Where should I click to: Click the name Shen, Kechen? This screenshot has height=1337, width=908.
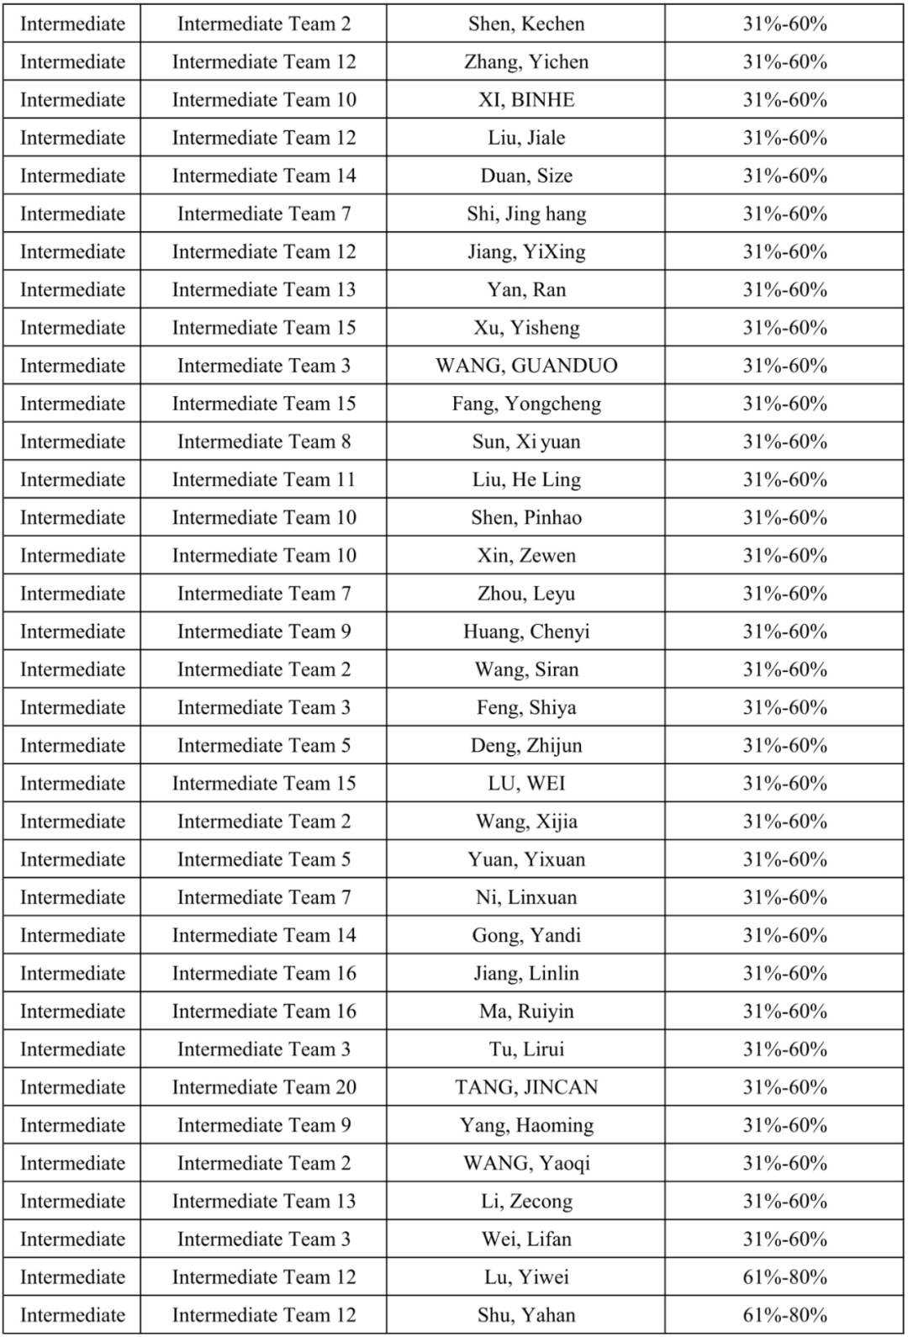526,24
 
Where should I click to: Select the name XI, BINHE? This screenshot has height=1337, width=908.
526,99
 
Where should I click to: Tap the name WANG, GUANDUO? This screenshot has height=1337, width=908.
526,366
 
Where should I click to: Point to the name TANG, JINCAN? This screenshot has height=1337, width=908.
526,1087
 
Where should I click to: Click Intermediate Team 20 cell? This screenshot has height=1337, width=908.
264,1087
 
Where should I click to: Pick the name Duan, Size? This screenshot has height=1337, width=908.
526,176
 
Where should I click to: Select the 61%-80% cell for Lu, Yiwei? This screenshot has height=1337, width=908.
784,1277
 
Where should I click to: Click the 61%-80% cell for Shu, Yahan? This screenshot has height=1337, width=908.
784,1315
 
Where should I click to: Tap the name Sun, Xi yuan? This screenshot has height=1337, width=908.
526,441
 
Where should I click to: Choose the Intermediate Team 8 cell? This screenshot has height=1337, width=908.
264,441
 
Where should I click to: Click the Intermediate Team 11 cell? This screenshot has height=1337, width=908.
264,479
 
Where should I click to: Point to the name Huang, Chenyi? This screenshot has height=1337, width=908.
526,632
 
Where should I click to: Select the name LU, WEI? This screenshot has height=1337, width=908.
526,784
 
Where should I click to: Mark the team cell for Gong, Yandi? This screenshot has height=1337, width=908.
264,935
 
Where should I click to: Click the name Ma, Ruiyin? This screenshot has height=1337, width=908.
526,1012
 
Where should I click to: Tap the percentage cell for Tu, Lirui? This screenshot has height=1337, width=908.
784,1049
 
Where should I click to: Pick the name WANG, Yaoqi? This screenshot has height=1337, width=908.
526,1164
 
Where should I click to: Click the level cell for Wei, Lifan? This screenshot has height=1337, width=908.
72,1239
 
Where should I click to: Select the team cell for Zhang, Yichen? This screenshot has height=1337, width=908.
264,61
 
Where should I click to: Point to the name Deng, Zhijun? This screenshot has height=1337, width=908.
526,746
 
